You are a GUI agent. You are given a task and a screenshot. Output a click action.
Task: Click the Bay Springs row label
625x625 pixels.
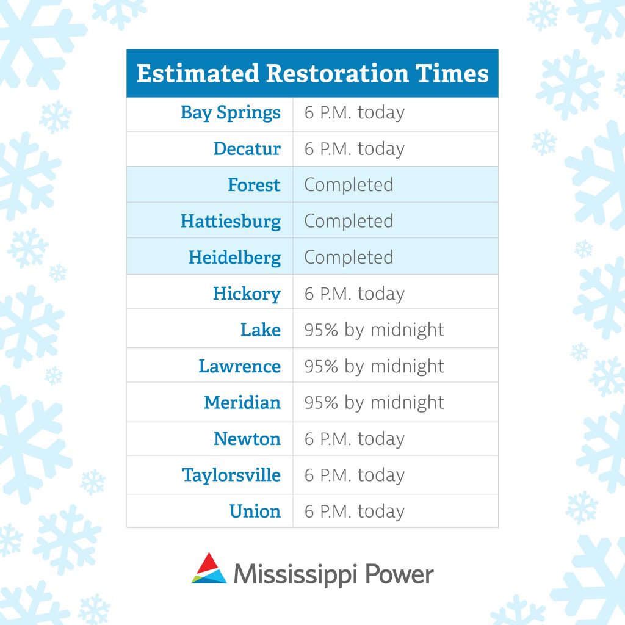(231, 113)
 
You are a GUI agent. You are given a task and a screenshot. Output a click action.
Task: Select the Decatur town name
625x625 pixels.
(247, 149)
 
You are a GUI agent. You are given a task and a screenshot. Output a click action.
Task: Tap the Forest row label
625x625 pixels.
(254, 185)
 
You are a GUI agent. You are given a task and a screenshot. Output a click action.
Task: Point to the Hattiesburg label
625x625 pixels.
(231, 222)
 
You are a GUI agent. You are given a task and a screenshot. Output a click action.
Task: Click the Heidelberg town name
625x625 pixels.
(235, 258)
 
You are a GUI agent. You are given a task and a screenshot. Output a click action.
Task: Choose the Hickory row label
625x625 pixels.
(247, 294)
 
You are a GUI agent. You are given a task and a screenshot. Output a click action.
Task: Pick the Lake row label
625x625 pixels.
(261, 330)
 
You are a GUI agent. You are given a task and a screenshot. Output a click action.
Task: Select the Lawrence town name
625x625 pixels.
(239, 366)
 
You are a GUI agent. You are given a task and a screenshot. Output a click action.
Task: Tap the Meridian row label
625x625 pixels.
(242, 403)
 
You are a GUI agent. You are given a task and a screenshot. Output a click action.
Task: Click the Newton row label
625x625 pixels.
(247, 439)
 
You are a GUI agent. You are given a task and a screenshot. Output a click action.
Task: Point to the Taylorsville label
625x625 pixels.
(231, 475)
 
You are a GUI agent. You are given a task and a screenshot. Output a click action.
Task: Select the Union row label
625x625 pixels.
(255, 511)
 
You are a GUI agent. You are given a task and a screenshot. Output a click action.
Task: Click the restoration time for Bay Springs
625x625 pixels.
(355, 113)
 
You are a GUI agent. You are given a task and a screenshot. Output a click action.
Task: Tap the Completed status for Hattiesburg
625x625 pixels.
(349, 222)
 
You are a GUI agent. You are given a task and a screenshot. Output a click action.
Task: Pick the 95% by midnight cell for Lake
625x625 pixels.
(374, 330)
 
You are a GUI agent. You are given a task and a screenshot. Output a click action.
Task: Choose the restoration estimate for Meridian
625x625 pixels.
(374, 403)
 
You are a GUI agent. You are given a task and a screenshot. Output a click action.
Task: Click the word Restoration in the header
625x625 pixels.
(337, 73)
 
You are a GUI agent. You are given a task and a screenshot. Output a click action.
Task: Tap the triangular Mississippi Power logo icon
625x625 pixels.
(209, 568)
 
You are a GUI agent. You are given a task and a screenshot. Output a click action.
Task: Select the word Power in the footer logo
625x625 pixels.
(399, 574)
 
